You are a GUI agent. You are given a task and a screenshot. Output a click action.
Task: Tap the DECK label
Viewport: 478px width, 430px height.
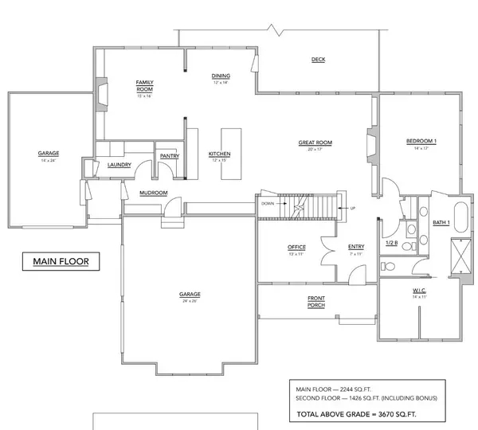[318, 60]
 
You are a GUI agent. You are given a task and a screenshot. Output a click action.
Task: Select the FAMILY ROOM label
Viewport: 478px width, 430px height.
[144, 86]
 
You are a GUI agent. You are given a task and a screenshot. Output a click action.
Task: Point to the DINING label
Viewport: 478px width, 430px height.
[220, 76]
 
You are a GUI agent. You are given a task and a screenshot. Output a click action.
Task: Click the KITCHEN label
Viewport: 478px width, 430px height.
[219, 154]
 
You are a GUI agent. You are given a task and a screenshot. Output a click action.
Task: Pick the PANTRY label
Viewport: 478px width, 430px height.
[169, 156]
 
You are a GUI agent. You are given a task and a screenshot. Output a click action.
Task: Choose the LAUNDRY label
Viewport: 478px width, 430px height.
[119, 166]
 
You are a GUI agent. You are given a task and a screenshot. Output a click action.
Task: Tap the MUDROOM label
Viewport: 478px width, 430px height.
[152, 193]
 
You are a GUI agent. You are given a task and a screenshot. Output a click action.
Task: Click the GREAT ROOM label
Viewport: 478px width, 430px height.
[315, 143]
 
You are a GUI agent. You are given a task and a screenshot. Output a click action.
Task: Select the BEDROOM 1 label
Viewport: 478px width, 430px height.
[421, 142]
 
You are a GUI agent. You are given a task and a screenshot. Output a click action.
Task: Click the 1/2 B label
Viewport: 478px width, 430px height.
[391, 242]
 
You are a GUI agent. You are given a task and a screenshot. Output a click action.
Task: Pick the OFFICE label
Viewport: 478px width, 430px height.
[296, 248]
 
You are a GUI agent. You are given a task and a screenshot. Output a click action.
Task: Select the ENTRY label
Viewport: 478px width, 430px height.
[356, 247]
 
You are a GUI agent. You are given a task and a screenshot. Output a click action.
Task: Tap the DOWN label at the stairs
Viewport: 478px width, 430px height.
[268, 204]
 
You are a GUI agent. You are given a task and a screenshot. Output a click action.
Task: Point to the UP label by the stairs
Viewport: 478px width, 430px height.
[351, 209]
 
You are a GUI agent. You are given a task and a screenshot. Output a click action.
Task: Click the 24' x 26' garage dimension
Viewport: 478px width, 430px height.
[189, 301]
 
